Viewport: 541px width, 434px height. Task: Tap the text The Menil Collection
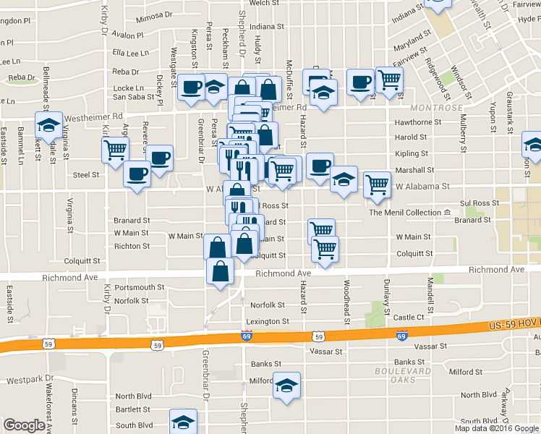tap(405, 213)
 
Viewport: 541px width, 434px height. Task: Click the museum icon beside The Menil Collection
tap(448, 213)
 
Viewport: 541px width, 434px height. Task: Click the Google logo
tap(24, 425)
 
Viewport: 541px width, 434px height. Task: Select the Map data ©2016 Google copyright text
tap(497, 428)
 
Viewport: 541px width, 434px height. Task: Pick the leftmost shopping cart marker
tap(115, 150)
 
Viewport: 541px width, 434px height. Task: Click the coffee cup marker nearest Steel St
tap(137, 174)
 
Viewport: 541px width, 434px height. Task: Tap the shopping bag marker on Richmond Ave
tap(220, 272)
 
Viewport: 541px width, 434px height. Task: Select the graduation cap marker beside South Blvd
tap(183, 421)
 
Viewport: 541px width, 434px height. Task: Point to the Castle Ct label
tap(409, 318)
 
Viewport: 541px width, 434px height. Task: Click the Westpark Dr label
tap(30, 378)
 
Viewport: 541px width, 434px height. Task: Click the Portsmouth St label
tap(139, 287)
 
